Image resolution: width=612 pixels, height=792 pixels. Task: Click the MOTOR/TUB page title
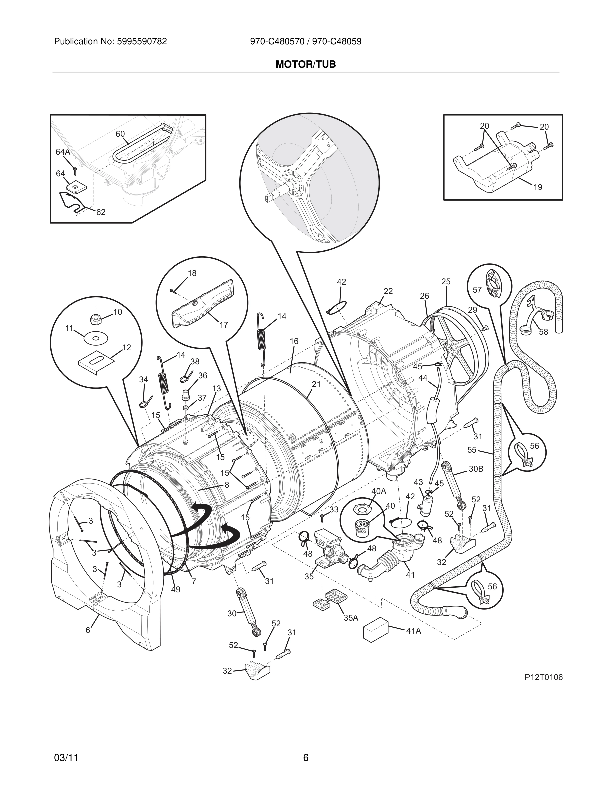tap(306, 65)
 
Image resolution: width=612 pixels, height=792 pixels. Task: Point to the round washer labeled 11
tap(95, 338)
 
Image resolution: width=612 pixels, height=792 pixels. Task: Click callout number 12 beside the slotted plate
tap(127, 347)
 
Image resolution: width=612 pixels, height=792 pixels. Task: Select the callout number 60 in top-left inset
tap(120, 134)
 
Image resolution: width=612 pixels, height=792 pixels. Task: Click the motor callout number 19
tap(538, 187)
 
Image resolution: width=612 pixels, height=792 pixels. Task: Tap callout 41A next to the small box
tap(413, 631)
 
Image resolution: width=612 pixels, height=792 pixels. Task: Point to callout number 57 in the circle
tap(477, 290)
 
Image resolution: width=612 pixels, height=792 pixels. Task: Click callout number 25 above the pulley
tap(446, 281)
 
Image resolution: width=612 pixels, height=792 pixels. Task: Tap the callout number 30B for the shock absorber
tap(476, 469)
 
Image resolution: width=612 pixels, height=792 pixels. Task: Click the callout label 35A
tap(351, 618)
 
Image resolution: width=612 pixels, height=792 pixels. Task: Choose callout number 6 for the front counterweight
tap(88, 630)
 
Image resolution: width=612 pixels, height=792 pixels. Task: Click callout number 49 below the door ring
tap(175, 590)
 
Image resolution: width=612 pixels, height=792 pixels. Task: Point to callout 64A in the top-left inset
tap(63, 152)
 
